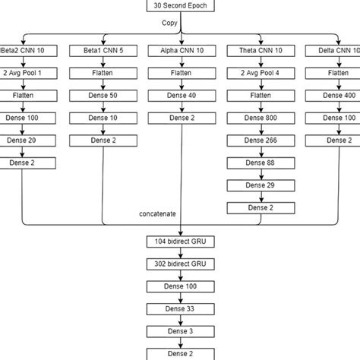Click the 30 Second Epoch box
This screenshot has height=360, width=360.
180,6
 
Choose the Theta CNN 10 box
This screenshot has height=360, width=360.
258,50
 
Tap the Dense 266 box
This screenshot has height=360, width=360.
258,141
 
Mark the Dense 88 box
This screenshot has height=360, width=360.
258,163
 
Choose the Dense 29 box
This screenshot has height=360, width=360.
258,185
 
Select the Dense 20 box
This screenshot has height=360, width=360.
23,141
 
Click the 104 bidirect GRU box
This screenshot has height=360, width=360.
180,242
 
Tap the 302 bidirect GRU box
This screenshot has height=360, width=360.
180,264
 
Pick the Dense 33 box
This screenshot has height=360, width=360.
180,309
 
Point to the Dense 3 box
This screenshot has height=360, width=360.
180,331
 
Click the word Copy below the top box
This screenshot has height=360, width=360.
170,23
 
